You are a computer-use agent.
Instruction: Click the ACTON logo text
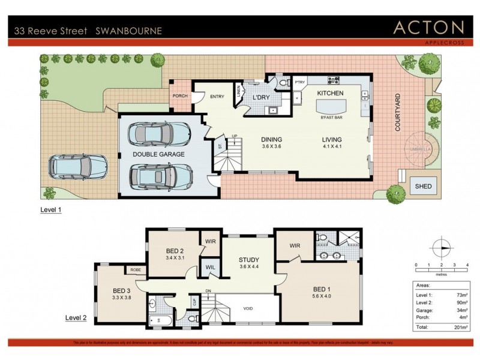click(x=428, y=27)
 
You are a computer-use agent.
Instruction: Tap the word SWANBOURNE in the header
click(x=128, y=31)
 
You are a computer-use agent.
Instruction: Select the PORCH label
click(x=180, y=96)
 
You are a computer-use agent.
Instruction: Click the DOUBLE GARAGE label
click(x=159, y=154)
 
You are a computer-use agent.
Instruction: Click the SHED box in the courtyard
click(x=423, y=187)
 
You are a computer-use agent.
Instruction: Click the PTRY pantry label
click(x=300, y=82)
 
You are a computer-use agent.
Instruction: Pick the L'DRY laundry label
click(x=262, y=97)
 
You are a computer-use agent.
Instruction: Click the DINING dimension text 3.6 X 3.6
click(x=272, y=146)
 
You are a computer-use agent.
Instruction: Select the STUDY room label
click(x=248, y=260)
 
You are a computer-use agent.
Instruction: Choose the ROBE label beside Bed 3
click(x=136, y=270)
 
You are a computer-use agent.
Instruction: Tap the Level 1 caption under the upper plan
click(x=51, y=210)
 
